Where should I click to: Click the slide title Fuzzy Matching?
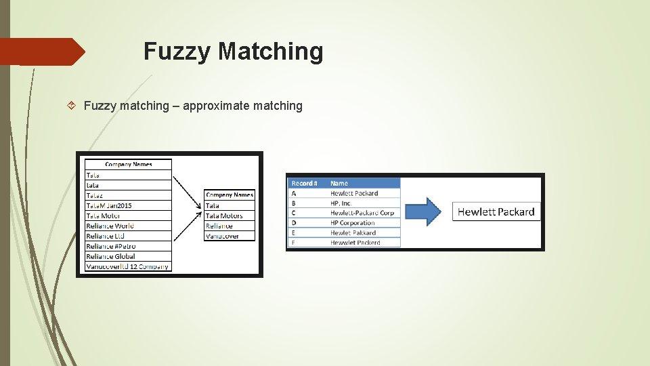(x=233, y=52)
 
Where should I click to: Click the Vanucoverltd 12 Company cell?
(x=127, y=266)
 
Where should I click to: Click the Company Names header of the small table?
(x=230, y=195)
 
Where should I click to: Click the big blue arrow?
(x=425, y=211)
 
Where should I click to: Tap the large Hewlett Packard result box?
(x=496, y=211)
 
